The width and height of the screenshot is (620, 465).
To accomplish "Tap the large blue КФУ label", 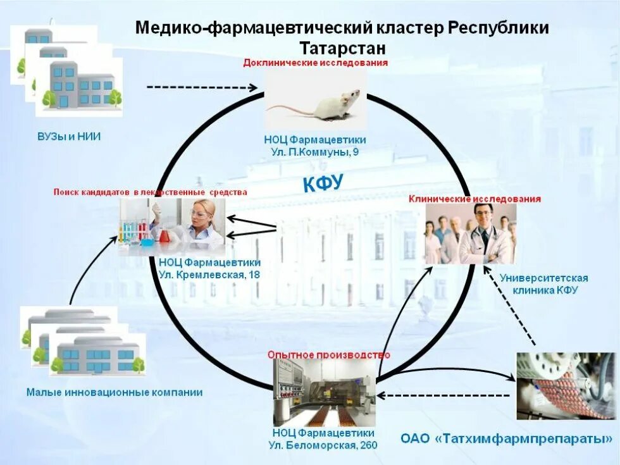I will click(322, 183).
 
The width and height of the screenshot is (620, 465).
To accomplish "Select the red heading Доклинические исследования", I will click(315, 63).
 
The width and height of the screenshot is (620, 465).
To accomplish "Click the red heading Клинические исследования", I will click(474, 199).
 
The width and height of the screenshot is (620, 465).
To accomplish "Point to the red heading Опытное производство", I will click(328, 355).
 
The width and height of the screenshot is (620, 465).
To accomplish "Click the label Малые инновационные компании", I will click(115, 392).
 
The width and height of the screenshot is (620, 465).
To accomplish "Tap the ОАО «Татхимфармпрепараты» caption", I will click(507, 438).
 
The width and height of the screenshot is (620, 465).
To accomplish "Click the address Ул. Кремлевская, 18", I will click(209, 275).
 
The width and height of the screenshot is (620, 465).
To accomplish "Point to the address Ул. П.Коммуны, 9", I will click(314, 152).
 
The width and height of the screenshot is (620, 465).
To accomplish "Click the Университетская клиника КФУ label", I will click(543, 284).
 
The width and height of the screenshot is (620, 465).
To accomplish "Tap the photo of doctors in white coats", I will click(469, 233).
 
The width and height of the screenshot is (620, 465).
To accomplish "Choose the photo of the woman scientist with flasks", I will click(172, 226).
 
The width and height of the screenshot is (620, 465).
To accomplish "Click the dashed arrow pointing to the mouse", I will click(202, 87).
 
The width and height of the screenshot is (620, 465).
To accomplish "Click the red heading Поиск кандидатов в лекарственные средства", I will click(150, 192).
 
